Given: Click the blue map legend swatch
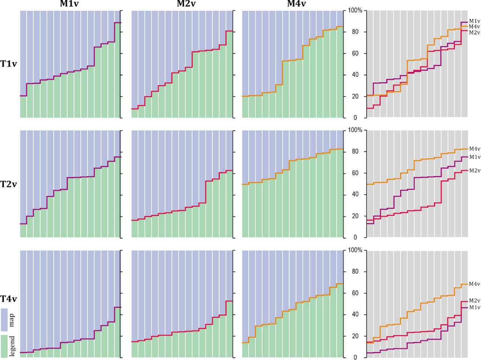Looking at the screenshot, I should point(5,319).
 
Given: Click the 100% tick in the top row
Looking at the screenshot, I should point(355,11).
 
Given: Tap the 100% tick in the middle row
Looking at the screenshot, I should point(355,130).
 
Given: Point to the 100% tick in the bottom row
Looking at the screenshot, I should point(355,250).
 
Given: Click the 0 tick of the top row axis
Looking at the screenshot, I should point(355,118).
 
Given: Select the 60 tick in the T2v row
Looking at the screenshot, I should point(355,173).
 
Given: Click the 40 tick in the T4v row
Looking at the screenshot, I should point(355,315).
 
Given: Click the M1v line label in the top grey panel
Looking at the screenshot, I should point(474,21).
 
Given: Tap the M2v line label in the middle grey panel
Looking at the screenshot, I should point(474,171).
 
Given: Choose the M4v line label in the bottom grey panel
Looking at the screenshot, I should point(474,284).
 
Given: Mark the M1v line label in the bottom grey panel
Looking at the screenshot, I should point(474,307).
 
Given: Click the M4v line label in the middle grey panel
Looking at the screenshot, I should point(474,149).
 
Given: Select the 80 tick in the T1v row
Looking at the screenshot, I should point(355,32).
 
